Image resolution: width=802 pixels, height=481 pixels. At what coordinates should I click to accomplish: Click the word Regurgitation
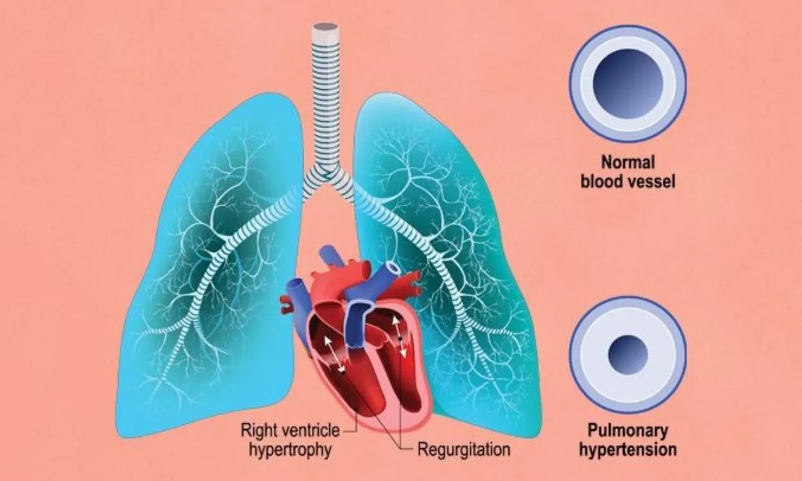(x=464, y=450)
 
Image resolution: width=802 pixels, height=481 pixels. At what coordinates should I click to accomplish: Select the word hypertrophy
(x=289, y=450)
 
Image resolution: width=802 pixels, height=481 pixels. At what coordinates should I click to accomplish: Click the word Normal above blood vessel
(x=628, y=162)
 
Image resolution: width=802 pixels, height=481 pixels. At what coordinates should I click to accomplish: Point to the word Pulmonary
(x=628, y=430)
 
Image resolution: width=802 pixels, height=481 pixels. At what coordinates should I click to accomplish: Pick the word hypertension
(x=628, y=450)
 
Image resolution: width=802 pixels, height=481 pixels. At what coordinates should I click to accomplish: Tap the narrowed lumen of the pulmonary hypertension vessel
(x=628, y=355)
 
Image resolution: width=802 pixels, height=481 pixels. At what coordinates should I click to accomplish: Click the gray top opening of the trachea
(x=325, y=27)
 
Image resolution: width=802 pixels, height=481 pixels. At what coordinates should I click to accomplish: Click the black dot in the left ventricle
(x=401, y=338)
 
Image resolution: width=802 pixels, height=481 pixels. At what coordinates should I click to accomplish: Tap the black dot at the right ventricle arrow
(x=343, y=373)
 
